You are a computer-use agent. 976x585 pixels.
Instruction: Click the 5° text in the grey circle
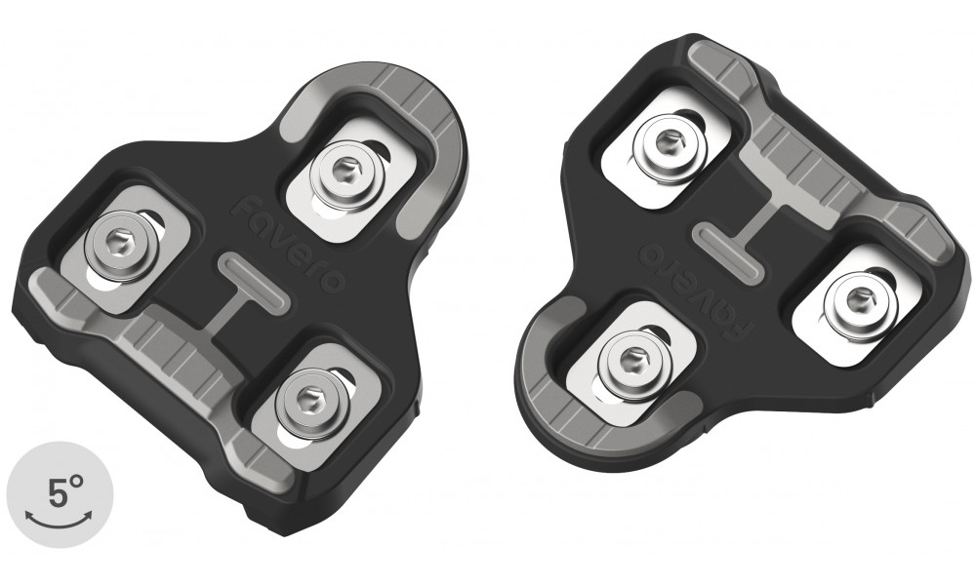pyautogui.click(x=61, y=494)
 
